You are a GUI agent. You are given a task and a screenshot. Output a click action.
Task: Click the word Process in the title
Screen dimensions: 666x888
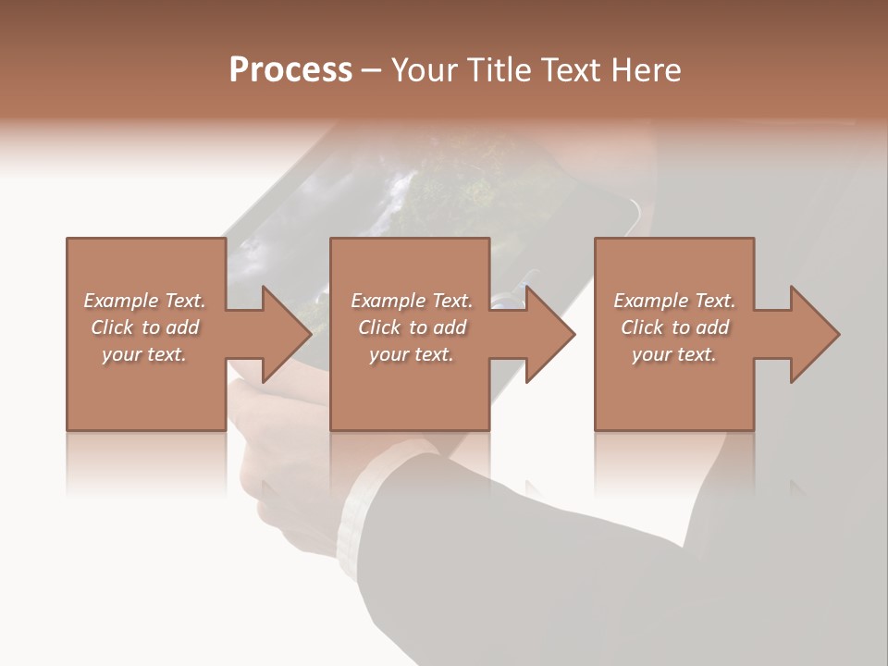click(290, 69)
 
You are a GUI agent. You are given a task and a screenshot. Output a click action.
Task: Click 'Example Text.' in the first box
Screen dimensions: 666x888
click(144, 301)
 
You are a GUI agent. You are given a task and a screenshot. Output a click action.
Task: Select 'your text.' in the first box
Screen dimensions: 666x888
click(144, 354)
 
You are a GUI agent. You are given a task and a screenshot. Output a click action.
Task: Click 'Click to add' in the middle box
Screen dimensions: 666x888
click(412, 327)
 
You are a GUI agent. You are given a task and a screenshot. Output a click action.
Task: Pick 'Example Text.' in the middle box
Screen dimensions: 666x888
click(412, 301)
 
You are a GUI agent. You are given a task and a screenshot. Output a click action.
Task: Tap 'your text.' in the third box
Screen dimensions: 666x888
click(674, 354)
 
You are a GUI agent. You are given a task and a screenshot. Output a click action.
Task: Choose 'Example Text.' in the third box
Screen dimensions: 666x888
click(674, 301)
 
